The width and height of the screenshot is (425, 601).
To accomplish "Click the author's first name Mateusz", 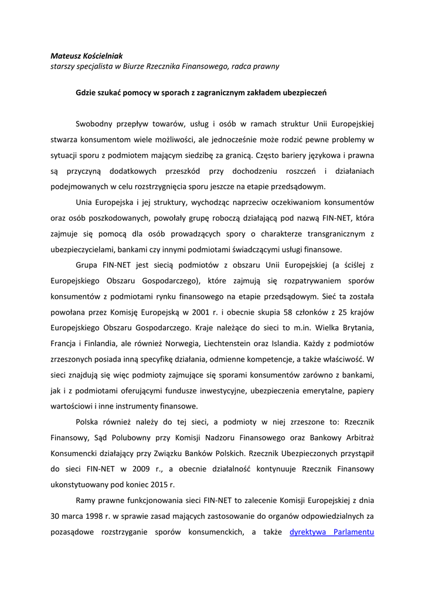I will click(x=66, y=56).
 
